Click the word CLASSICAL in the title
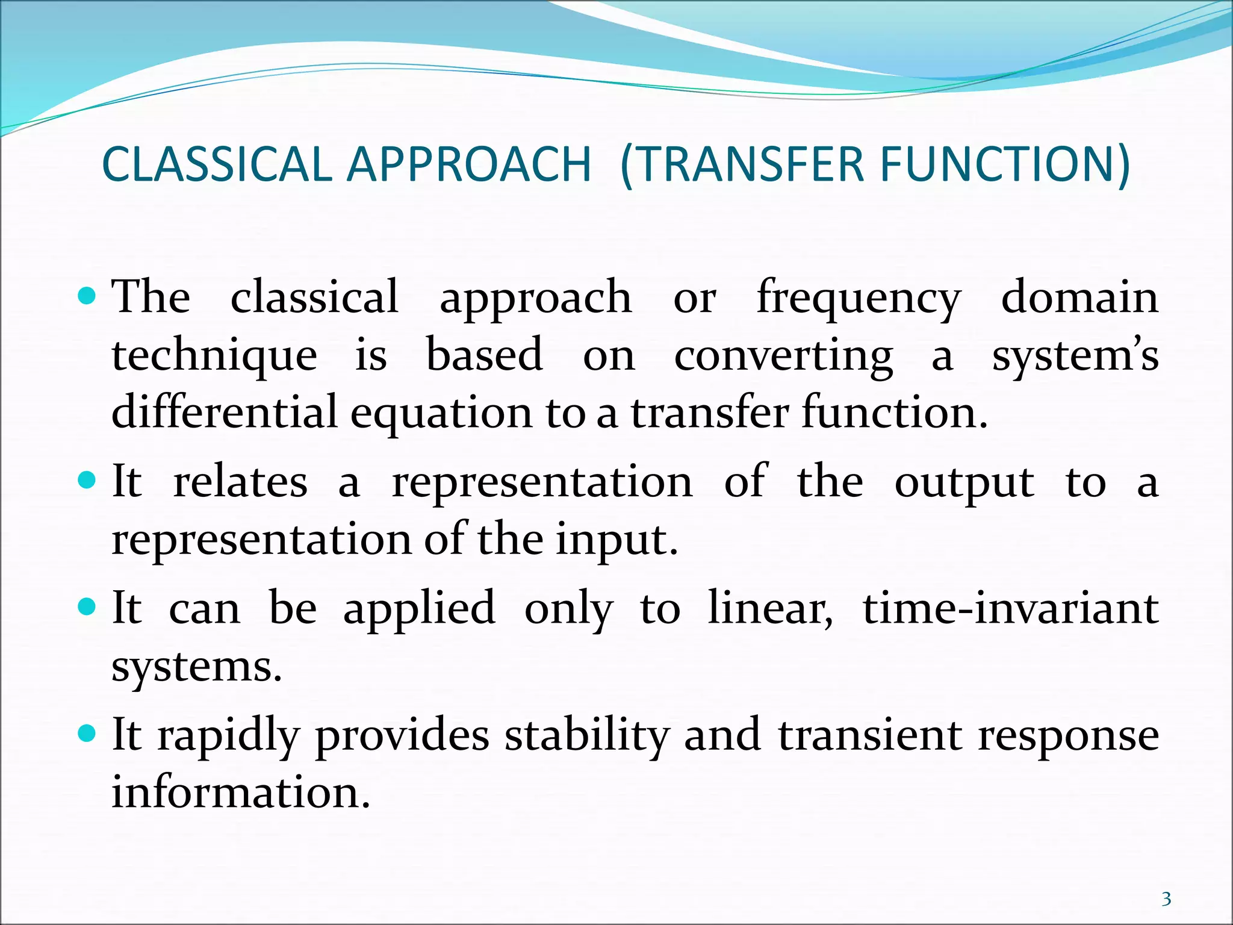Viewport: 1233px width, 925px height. (x=216, y=164)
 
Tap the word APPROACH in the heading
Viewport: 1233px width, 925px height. (x=469, y=164)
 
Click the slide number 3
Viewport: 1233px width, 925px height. (x=1166, y=899)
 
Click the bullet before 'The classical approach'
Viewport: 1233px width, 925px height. (x=87, y=296)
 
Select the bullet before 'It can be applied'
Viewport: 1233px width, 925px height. (x=87, y=607)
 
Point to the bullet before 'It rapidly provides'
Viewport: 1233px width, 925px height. (x=87, y=734)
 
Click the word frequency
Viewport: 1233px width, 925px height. (x=858, y=298)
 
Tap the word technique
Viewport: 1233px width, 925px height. (x=214, y=355)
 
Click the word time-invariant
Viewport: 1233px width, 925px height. (x=1010, y=608)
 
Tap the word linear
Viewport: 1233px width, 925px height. (x=769, y=608)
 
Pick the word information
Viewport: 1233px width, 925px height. (x=240, y=792)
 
